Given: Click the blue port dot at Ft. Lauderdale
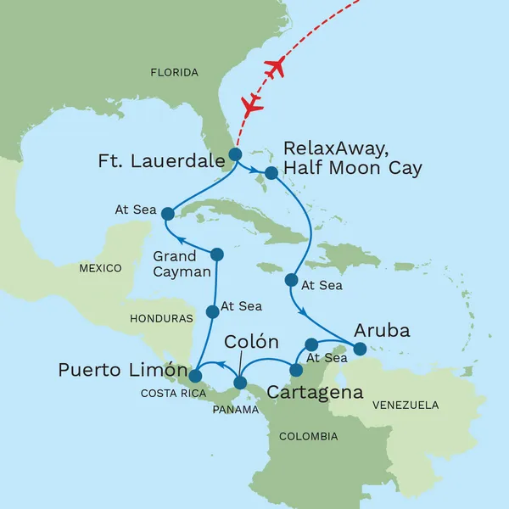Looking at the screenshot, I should point(234,154).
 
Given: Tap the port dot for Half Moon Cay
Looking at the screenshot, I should point(271,173).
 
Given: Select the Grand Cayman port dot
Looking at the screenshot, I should point(216,254).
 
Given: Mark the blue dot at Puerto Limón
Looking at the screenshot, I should point(195,375).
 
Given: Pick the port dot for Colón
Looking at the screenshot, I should point(240,383).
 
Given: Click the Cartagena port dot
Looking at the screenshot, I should point(296,370).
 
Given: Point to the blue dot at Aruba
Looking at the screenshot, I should point(360,349).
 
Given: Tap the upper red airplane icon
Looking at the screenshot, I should point(274,69).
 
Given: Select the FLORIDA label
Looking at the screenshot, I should point(174,73).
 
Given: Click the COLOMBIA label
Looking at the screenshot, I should point(309,436).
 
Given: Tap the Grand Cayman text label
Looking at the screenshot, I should point(176,262).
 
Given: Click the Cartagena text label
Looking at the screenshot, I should point(315,393).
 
